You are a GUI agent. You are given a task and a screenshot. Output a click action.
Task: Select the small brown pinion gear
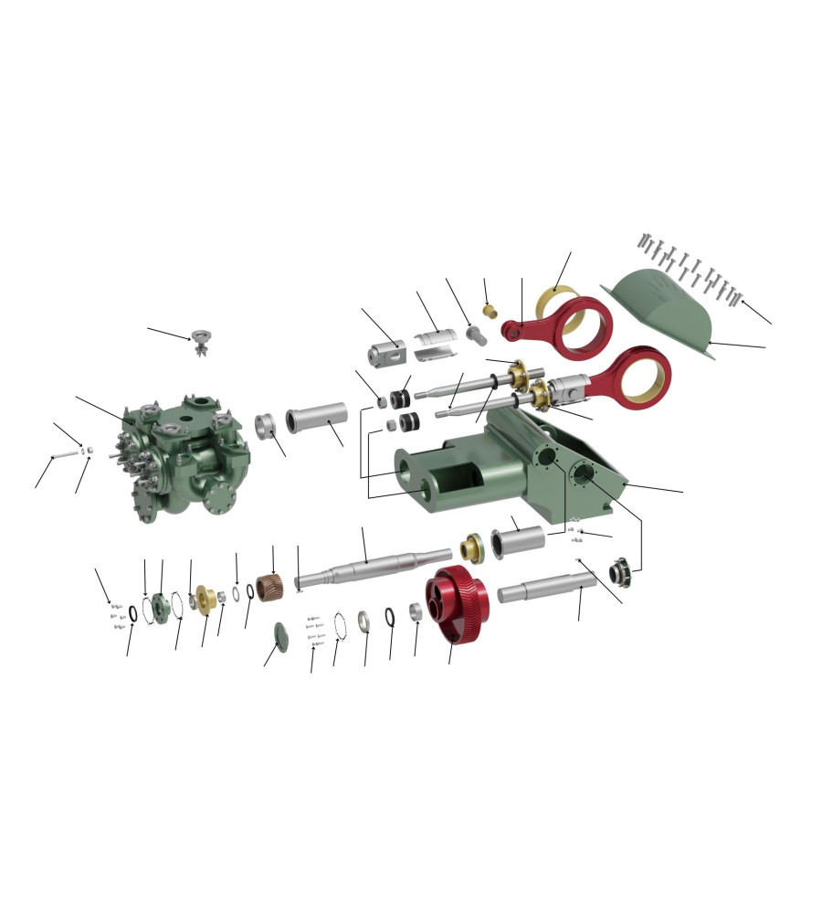pos(269,587)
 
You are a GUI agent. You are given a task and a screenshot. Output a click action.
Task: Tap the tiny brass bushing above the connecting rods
pos(490,312)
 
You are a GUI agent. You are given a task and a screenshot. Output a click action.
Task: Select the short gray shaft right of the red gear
pos(545,587)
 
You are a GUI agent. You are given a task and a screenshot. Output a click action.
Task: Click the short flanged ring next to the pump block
pos(266,425)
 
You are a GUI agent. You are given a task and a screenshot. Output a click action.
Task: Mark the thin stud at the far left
pos(66,454)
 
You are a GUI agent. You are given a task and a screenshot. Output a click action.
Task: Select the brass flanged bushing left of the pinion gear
pos(207,600)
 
